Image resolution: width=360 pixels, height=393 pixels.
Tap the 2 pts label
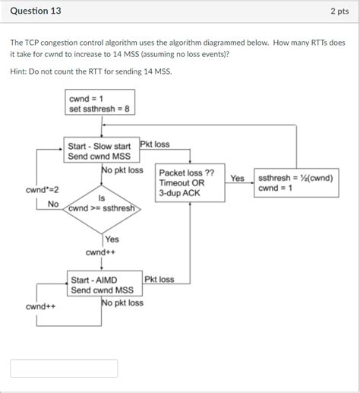[x=339, y=11]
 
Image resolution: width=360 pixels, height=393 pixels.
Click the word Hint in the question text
[x=21, y=71]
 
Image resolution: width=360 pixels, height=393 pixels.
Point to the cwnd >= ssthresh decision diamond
[x=101, y=203]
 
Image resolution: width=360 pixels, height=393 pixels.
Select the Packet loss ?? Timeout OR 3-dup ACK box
[x=190, y=183]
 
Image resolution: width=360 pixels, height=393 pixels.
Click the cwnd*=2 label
[x=40, y=188]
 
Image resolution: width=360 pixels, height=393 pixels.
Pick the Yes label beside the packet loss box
[x=237, y=178]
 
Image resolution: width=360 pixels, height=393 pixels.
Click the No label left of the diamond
[x=53, y=204]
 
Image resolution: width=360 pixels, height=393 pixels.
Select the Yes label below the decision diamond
[x=112, y=239]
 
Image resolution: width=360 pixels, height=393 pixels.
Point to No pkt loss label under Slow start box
[x=122, y=170]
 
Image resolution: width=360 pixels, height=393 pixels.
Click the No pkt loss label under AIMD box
[x=122, y=303]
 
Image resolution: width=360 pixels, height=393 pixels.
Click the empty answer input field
[x=64, y=369]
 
